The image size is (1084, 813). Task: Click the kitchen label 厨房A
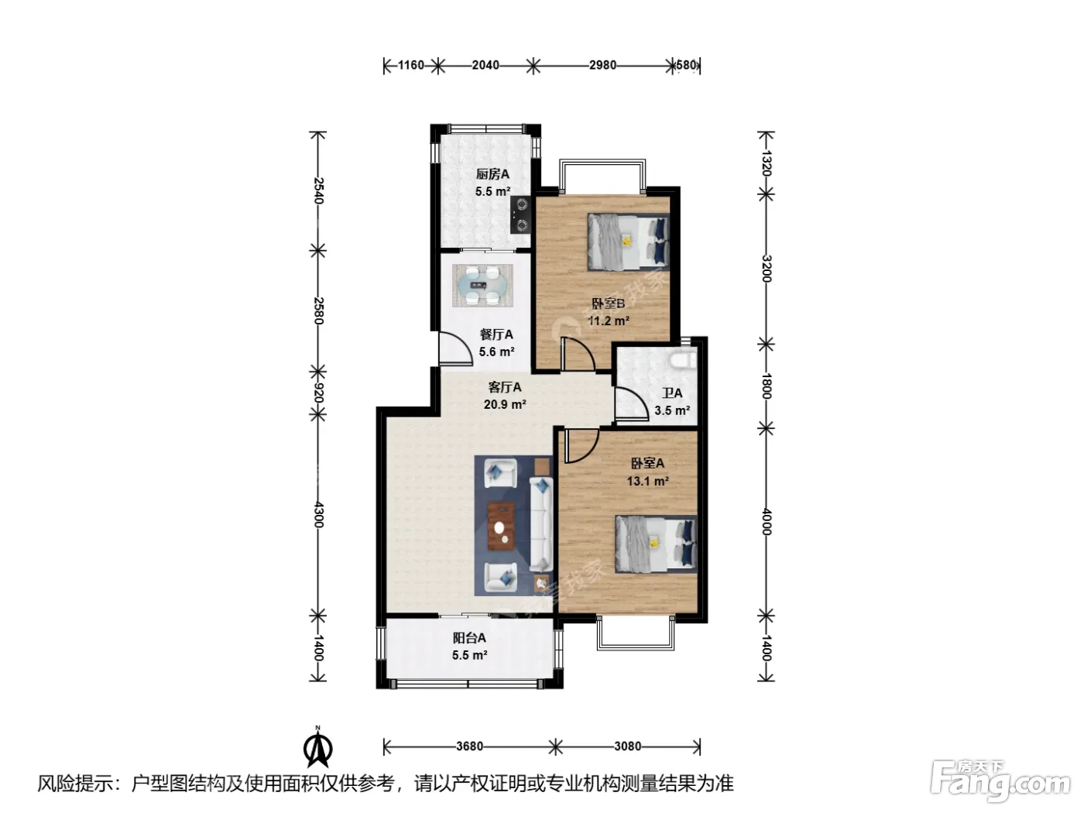pos(492,173)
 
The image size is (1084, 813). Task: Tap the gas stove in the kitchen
pos(520,214)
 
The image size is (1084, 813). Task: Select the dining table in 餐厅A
pos(482,285)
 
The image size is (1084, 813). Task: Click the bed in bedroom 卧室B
pos(628,242)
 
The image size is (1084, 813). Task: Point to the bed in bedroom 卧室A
pos(656,544)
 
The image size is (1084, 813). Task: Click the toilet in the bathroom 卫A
pos(684,359)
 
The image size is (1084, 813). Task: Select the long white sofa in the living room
pos(541,523)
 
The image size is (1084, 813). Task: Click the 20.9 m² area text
pos(505,405)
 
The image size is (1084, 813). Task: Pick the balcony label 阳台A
pos(469,638)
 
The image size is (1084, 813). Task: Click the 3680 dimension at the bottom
pos(469,746)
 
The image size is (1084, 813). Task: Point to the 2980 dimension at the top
pos(602,65)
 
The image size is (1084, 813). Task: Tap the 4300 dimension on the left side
pos(318,515)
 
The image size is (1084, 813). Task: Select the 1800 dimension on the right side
pos(766,386)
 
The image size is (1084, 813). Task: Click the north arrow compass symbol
pos(318,748)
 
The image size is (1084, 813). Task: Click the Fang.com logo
pos(1000,783)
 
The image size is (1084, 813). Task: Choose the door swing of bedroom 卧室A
pos(582,446)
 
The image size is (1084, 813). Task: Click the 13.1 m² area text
pos(648,481)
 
